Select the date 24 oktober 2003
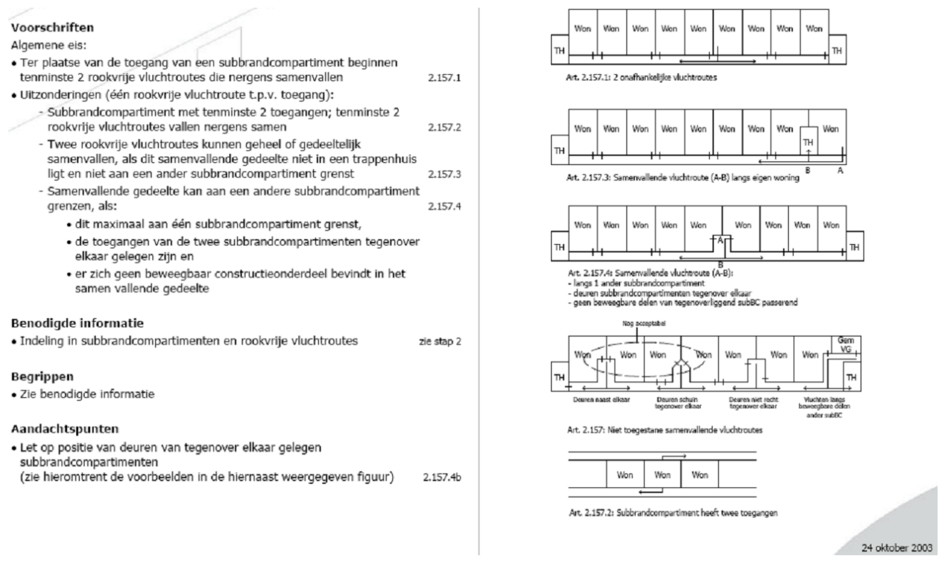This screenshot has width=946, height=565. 897,547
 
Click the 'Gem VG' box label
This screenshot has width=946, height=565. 844,344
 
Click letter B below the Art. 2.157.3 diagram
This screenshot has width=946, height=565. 808,171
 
